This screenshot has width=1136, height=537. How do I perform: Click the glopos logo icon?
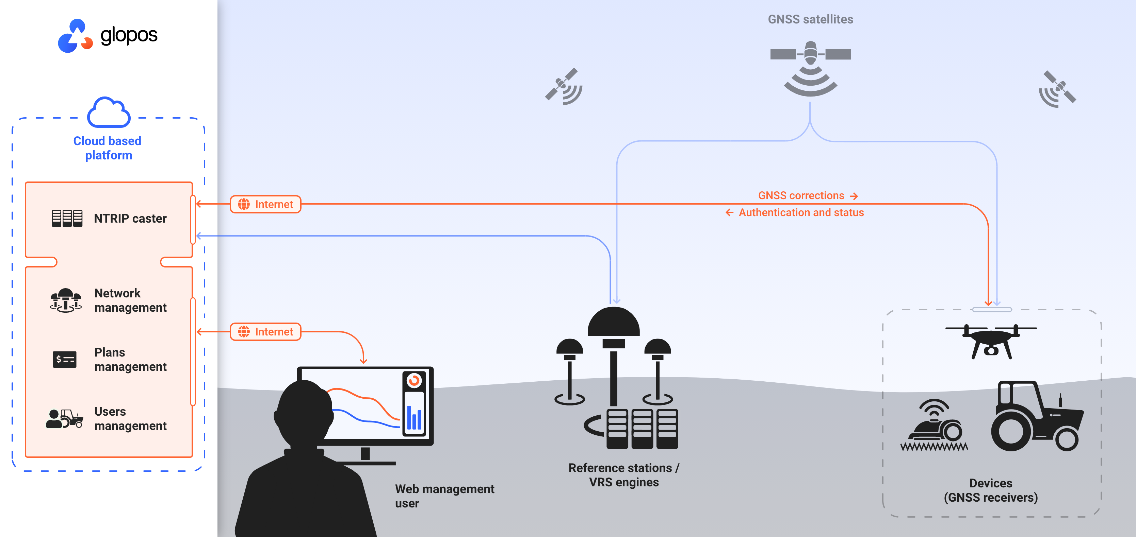pyautogui.click(x=75, y=36)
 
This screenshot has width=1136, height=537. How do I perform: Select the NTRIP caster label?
pyautogui.click(x=130, y=219)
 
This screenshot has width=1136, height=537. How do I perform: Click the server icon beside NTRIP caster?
pyautogui.click(x=67, y=218)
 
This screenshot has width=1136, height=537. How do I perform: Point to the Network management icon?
pyautogui.click(x=66, y=300)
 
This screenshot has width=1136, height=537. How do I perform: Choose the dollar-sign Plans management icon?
pyautogui.click(x=64, y=360)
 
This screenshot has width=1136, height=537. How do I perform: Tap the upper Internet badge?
pyautogui.click(x=265, y=204)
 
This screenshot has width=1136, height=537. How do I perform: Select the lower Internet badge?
pyautogui.click(x=265, y=332)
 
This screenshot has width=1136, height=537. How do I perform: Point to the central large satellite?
pyautogui.click(x=811, y=66)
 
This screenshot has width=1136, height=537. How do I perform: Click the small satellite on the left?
pyautogui.click(x=564, y=86)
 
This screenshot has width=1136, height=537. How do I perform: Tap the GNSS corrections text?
pyautogui.click(x=801, y=195)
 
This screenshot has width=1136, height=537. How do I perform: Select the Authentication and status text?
pyautogui.click(x=801, y=213)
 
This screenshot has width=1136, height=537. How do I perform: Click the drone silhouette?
pyautogui.click(x=991, y=342)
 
